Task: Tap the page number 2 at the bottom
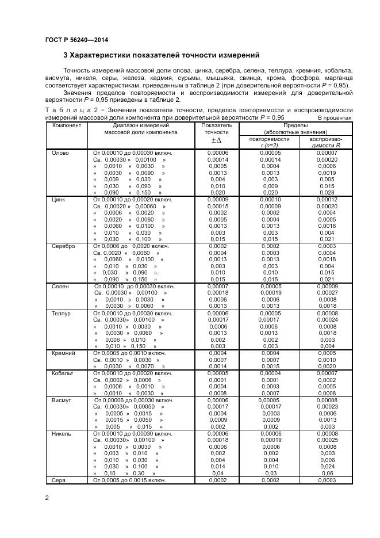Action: point(47,498)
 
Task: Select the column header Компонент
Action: point(66,125)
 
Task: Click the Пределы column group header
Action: point(295,125)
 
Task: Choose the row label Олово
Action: point(60,153)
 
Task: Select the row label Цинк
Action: point(59,199)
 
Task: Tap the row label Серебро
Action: point(63,246)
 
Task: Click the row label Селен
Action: point(60,286)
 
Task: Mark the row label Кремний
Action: point(63,353)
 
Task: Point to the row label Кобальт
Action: point(63,373)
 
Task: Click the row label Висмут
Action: point(62,400)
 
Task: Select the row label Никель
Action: point(62,434)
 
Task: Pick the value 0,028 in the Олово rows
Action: point(327,193)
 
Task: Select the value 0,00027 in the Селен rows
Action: point(327,293)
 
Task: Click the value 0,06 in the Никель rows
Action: point(327,474)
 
